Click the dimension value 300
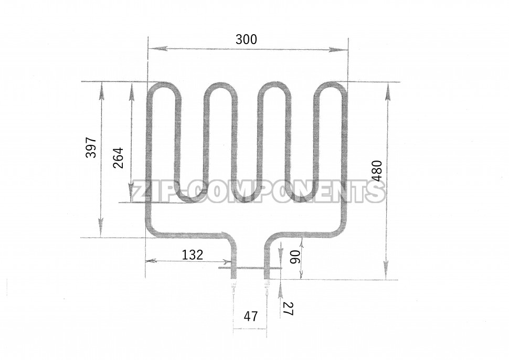(246, 39)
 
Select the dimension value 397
(91, 147)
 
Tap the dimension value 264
(118, 158)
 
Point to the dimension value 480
(377, 171)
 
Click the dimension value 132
(192, 255)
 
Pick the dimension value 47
(251, 316)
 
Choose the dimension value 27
(288, 309)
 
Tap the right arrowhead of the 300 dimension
(338, 50)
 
